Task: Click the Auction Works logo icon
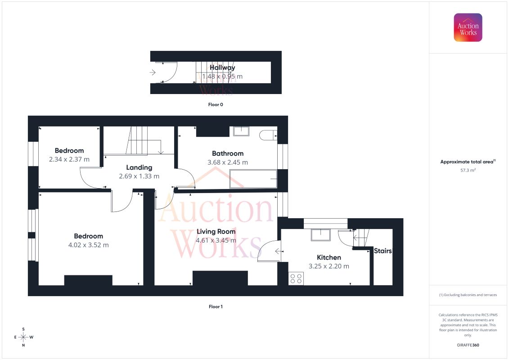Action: [x=468, y=27]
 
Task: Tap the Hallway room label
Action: [x=222, y=67]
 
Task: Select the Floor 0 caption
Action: [x=216, y=104]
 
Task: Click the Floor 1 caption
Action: [x=216, y=306]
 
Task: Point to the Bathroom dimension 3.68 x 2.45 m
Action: [x=228, y=162]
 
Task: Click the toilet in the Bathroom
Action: [x=268, y=135]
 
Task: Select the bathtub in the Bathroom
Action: [x=253, y=179]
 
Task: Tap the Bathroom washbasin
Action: [x=241, y=131]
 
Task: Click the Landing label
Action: [x=139, y=167]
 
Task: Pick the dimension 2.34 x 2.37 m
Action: [x=69, y=159]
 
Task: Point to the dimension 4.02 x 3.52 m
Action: [x=88, y=245]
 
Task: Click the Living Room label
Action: [x=216, y=231]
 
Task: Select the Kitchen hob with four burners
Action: [x=296, y=279]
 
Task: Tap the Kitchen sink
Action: [x=321, y=235]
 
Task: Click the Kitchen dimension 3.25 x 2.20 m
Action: [x=329, y=266]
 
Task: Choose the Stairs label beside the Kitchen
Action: [x=383, y=251]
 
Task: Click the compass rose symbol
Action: [x=23, y=337]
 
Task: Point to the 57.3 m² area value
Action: [x=468, y=170]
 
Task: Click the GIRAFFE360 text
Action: [x=468, y=345]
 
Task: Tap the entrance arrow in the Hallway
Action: [x=153, y=72]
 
